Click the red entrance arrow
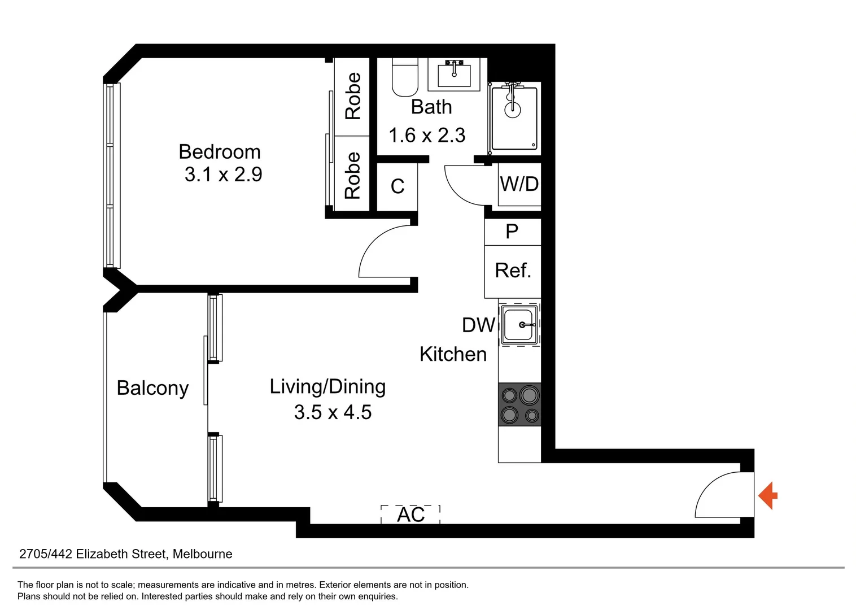[x=768, y=496]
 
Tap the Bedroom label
[x=220, y=152]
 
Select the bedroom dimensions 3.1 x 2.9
[x=223, y=175]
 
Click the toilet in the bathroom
[x=405, y=78]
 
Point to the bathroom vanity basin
[x=454, y=73]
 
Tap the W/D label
[x=519, y=184]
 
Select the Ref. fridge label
[x=513, y=271]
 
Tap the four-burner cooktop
[x=519, y=404]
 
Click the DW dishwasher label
[x=478, y=325]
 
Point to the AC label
[x=410, y=515]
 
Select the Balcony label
[x=152, y=388]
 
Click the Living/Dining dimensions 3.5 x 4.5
[x=333, y=412]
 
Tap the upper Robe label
[x=352, y=96]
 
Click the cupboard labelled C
[x=397, y=186]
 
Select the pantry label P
[x=512, y=232]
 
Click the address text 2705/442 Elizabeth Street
[x=125, y=554]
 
